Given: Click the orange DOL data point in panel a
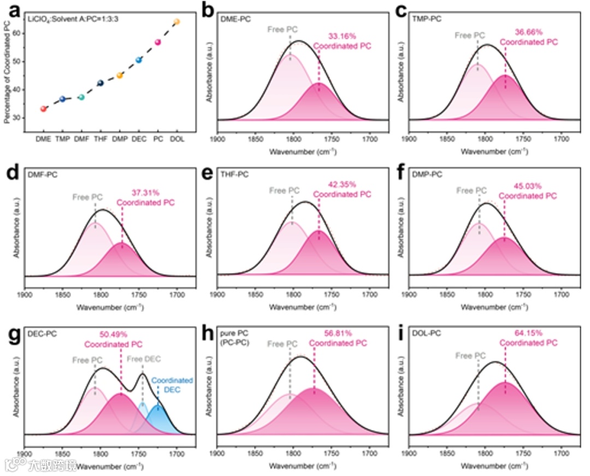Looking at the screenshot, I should click(x=176, y=22).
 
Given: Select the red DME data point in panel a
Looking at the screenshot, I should click(x=43, y=109).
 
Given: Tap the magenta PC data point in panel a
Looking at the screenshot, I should click(x=158, y=42).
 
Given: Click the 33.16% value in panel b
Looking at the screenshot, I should click(x=341, y=36).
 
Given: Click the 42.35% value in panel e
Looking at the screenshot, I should click(x=341, y=185).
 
